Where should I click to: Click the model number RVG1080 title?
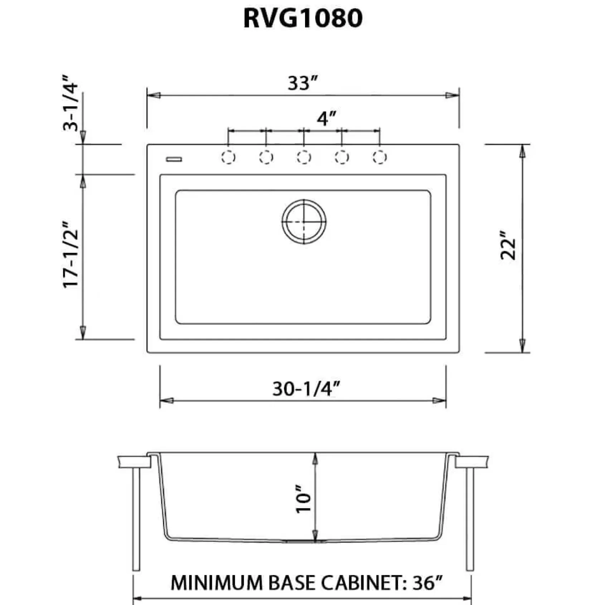click(x=303, y=18)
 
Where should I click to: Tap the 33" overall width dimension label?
click(x=303, y=83)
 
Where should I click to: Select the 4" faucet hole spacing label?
click(x=326, y=118)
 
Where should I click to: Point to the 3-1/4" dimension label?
click(x=70, y=103)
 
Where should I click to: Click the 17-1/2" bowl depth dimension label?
click(x=71, y=255)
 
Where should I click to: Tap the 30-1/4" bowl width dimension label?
click(x=306, y=389)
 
